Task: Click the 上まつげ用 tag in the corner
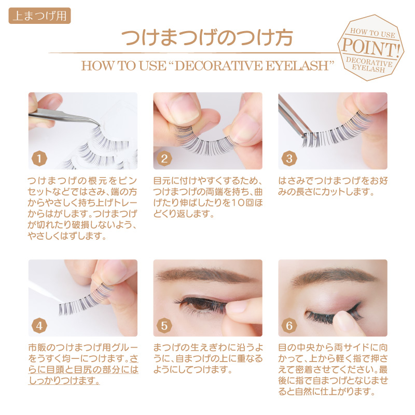(x=40, y=16)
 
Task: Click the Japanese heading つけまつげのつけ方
(x=207, y=37)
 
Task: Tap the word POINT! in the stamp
(x=370, y=48)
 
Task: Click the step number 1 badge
(x=39, y=159)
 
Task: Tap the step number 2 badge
(x=164, y=159)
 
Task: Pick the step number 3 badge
(x=289, y=159)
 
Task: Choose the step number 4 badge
(x=39, y=326)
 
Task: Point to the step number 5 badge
(x=164, y=326)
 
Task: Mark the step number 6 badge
(x=289, y=326)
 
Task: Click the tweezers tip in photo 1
(x=99, y=125)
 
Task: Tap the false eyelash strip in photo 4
(x=85, y=300)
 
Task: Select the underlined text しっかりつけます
(x=64, y=380)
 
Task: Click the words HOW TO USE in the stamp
(x=372, y=33)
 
